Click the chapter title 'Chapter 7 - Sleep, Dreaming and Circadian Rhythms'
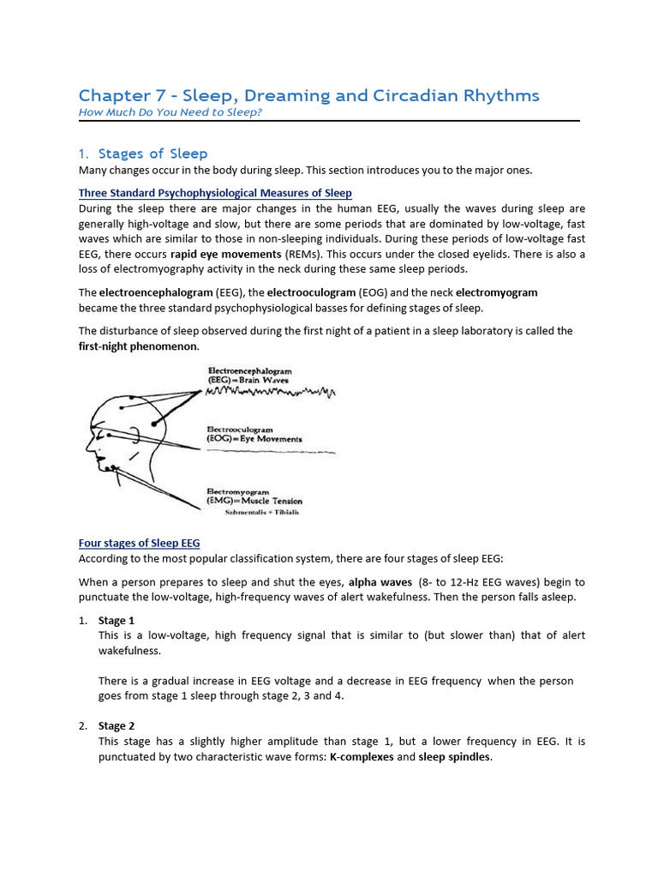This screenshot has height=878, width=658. point(308,95)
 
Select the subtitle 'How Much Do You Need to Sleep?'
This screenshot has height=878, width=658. point(170,112)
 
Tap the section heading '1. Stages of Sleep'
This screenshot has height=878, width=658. point(143,153)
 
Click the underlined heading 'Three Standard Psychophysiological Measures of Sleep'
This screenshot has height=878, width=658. point(215,193)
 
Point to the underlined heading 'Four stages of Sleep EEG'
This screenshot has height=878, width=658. point(139,543)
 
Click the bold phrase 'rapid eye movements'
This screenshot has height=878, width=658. point(224,254)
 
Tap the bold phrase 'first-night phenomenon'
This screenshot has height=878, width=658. point(138,346)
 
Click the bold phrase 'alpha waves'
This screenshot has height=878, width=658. point(380,581)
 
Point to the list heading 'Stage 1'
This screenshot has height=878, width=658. point(117,620)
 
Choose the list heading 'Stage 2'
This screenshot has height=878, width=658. point(117,725)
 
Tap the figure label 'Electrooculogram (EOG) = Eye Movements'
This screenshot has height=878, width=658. point(254,434)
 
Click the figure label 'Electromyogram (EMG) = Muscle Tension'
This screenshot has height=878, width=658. point(254,496)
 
